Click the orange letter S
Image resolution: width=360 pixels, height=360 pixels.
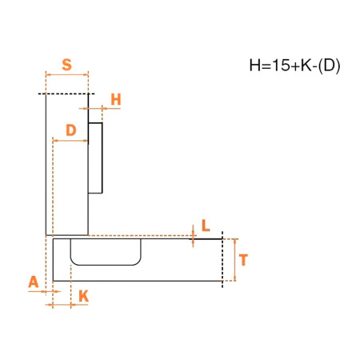pyautogui.click(x=67, y=65)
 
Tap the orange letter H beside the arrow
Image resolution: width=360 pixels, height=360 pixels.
pyautogui.click(x=116, y=99)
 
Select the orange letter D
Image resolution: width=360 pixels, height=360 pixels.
pyautogui.click(x=71, y=130)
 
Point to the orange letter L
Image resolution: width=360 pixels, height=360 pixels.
pyautogui.click(x=206, y=226)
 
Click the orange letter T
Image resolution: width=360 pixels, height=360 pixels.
pyautogui.click(x=243, y=260)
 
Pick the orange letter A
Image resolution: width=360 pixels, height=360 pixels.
pyautogui.click(x=34, y=282)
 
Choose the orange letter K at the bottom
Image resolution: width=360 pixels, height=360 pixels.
pyautogui.click(x=84, y=296)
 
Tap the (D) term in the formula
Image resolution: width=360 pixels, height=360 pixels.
pyautogui.click(x=329, y=66)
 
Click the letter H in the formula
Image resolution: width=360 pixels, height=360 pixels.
pyautogui.click(x=254, y=65)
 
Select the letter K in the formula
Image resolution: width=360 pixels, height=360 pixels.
pyautogui.click(x=306, y=65)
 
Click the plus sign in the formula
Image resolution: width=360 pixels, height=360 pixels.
pyautogui.click(x=295, y=66)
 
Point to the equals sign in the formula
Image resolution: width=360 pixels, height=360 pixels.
pyautogui.click(x=266, y=66)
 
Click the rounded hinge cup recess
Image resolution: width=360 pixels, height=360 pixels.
pyautogui.click(x=106, y=265)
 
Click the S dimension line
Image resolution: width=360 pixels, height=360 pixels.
pyautogui.click(x=67, y=75)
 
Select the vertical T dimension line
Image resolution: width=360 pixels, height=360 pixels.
pyautogui.click(x=235, y=260)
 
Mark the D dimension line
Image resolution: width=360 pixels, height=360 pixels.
pyautogui.click(x=70, y=141)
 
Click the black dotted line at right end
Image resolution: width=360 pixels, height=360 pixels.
pyautogui.click(x=222, y=260)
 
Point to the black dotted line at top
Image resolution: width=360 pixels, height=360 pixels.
pyautogui.click(x=66, y=94)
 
